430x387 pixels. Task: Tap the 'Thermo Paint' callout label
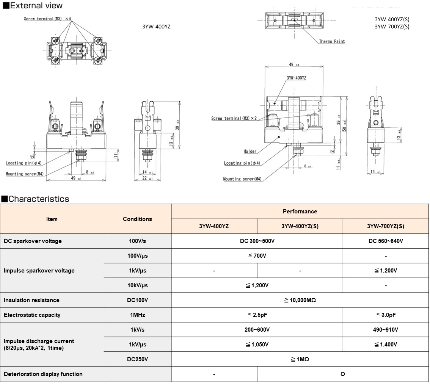332,41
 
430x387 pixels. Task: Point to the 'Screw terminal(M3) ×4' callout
47,19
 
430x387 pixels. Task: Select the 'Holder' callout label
250,151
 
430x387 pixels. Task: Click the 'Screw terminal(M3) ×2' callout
234,119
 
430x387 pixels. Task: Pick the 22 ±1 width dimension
148,179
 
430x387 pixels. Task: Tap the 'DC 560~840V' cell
386,241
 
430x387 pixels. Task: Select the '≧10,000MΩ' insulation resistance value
300,300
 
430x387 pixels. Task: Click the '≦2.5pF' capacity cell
257,315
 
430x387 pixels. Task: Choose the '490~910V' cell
386,330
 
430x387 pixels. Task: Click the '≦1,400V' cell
386,345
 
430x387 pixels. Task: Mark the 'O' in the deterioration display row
343,374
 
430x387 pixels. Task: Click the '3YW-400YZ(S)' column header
300,226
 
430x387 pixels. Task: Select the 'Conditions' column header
137,219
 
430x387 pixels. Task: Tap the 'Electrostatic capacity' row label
32,315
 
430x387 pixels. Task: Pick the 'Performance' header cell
300,212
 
